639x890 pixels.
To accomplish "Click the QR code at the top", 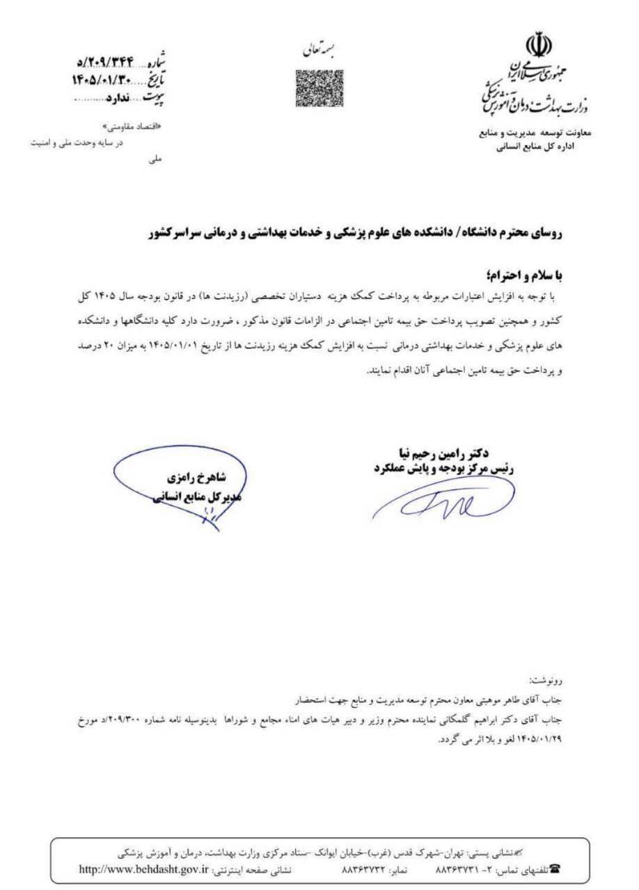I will click(x=319, y=88).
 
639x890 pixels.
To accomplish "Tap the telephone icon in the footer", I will click(x=554, y=869).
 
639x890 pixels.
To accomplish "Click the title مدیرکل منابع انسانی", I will click(x=195, y=498).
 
